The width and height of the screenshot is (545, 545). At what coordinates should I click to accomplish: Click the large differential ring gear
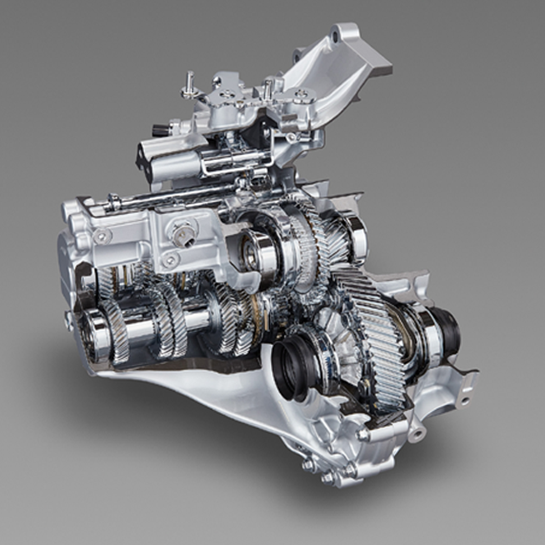coord(377,333)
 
